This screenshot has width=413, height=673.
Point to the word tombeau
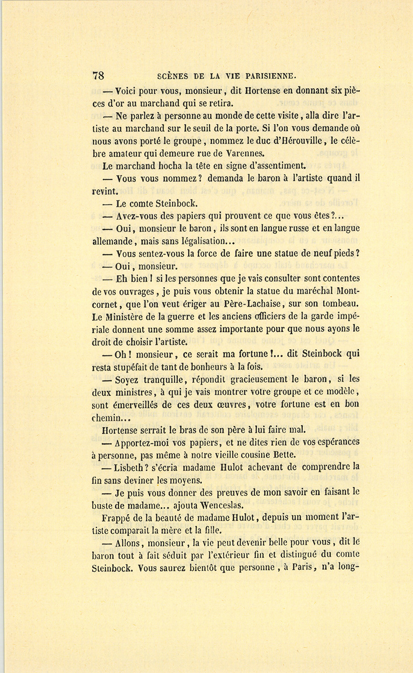coord(341,304)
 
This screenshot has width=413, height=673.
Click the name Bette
coord(285,454)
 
